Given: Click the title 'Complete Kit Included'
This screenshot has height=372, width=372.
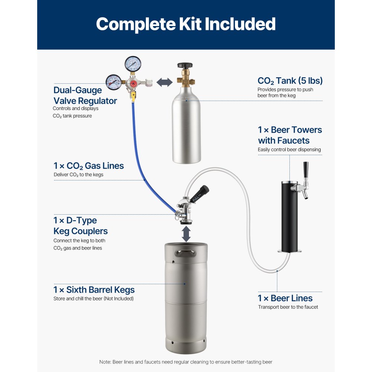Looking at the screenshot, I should point(186,24).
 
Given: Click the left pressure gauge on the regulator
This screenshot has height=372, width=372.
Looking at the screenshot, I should point(113,81).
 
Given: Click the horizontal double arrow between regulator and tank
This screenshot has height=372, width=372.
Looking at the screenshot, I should point(164,83).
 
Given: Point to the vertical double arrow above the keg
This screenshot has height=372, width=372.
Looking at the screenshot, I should point(186,234).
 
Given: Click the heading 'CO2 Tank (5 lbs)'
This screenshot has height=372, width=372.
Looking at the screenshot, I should point(290,81).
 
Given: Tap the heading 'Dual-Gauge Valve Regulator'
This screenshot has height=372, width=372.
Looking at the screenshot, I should point(85,96).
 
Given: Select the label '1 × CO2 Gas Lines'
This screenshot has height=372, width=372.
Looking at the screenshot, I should point(89,166).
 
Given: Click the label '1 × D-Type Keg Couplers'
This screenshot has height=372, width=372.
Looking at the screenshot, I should point(81,225).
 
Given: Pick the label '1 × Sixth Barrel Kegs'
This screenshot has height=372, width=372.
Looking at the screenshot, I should point(94,290).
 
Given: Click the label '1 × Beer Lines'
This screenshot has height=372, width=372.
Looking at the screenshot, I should point(285,298).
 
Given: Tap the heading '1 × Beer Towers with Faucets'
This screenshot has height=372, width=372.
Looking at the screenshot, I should point(290,135).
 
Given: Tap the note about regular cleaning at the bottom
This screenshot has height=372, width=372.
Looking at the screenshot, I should point(186,362).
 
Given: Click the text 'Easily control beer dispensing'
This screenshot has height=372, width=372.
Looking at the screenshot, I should point(289,150).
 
